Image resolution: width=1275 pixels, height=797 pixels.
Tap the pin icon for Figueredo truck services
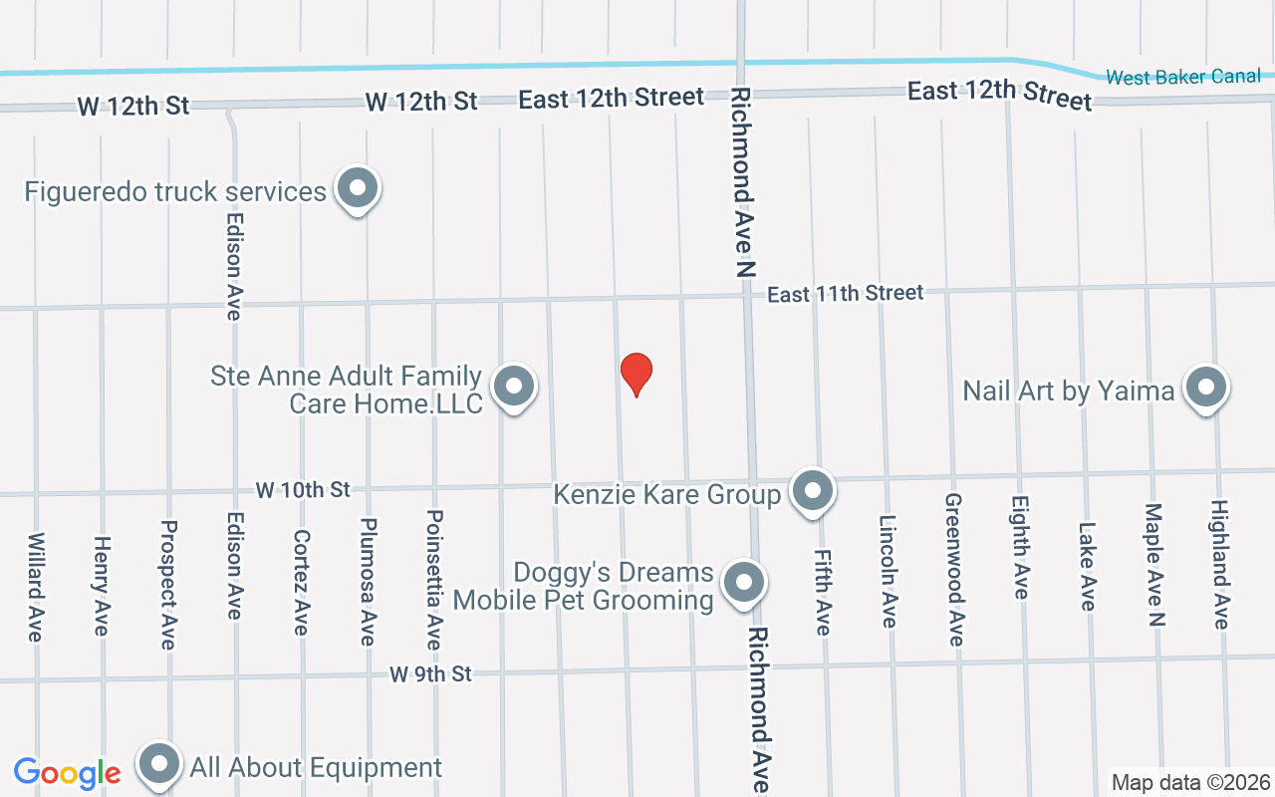tap(358, 188)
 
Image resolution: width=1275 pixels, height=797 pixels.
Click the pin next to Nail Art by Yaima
tap(1205, 388)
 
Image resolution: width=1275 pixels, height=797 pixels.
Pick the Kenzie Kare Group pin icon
tap(813, 491)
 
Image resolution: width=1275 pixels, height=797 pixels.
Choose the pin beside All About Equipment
tap(159, 765)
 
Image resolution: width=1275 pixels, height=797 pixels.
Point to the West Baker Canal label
tap(1183, 77)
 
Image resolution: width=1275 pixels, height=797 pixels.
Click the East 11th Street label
tap(846, 293)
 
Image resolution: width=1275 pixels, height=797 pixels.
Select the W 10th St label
tap(303, 490)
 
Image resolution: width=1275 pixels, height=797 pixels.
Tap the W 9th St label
tap(430, 674)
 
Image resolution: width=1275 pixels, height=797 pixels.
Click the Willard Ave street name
tap(36, 587)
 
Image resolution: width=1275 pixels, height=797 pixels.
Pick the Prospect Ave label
tap(168, 585)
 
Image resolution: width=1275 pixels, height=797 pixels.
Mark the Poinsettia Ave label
tap(434, 580)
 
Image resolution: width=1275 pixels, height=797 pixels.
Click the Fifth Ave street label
tap(822, 592)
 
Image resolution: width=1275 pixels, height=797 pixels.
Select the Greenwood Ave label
tap(954, 570)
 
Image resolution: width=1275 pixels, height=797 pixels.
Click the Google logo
tap(68, 772)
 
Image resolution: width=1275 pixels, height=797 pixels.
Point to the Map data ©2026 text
tap(1191, 782)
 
